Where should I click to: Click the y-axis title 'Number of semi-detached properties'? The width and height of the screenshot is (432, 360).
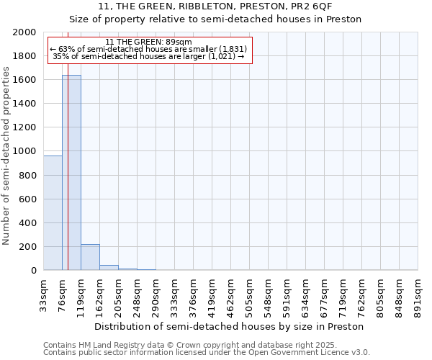[7, 156]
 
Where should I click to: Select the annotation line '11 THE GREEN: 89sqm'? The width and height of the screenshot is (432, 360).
[148, 42]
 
